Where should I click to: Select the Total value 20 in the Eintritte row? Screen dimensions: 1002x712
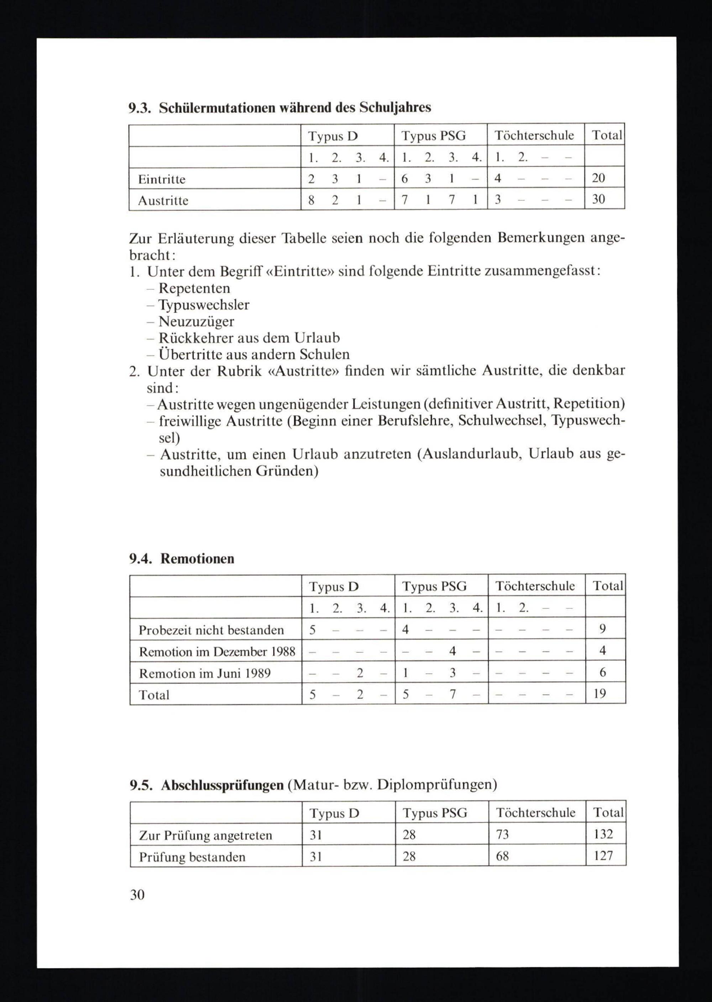[598, 178]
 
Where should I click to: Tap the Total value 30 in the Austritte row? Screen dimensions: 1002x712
[598, 199]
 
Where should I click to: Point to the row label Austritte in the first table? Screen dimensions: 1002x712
[163, 201]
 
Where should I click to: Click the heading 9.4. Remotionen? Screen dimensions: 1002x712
[182, 559]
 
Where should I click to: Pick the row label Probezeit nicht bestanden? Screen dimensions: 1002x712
[211, 630]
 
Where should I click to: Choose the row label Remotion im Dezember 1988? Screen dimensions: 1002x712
[217, 651]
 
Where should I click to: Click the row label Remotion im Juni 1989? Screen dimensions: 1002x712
[205, 673]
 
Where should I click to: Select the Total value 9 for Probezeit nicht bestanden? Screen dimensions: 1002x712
[602, 629]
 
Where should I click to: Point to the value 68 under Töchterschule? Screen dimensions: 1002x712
[502, 856]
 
